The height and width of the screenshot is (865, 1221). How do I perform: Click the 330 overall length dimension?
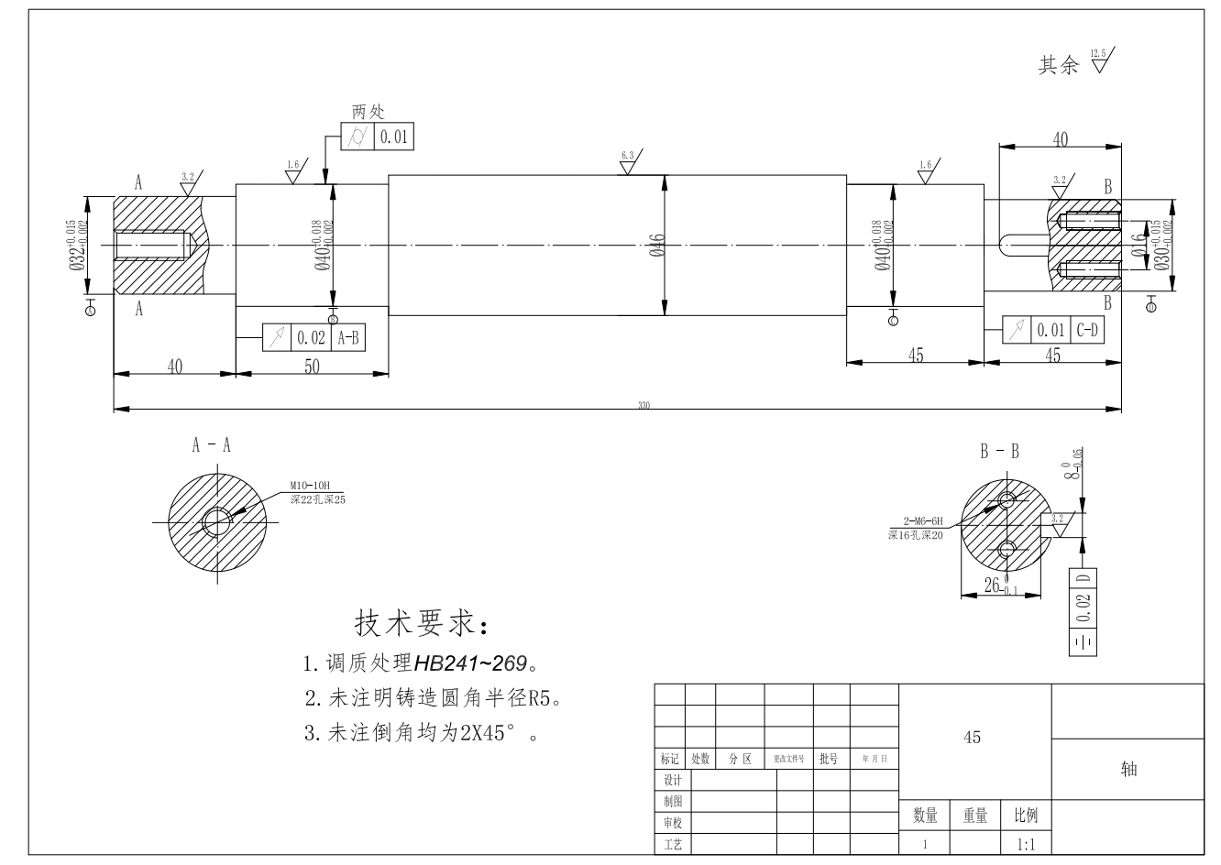tap(643, 405)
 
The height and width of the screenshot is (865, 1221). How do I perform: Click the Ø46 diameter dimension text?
tap(656, 246)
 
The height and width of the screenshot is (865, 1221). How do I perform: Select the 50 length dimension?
tap(312, 366)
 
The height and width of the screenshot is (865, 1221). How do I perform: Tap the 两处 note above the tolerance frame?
tap(368, 112)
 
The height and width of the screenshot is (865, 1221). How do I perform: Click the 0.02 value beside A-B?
tap(311, 337)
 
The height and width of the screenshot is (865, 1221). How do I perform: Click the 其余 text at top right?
tap(1058, 66)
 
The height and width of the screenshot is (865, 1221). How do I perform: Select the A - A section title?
tap(212, 445)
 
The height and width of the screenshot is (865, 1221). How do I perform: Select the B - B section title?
tap(999, 451)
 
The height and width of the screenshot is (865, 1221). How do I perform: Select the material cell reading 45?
tap(973, 738)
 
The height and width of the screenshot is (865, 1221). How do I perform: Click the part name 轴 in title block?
tap(1128, 770)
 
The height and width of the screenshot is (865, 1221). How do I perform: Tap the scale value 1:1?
tap(1025, 844)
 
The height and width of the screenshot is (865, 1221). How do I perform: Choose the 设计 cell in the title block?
tap(673, 780)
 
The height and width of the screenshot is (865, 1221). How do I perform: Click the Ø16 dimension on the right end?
tap(1138, 244)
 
